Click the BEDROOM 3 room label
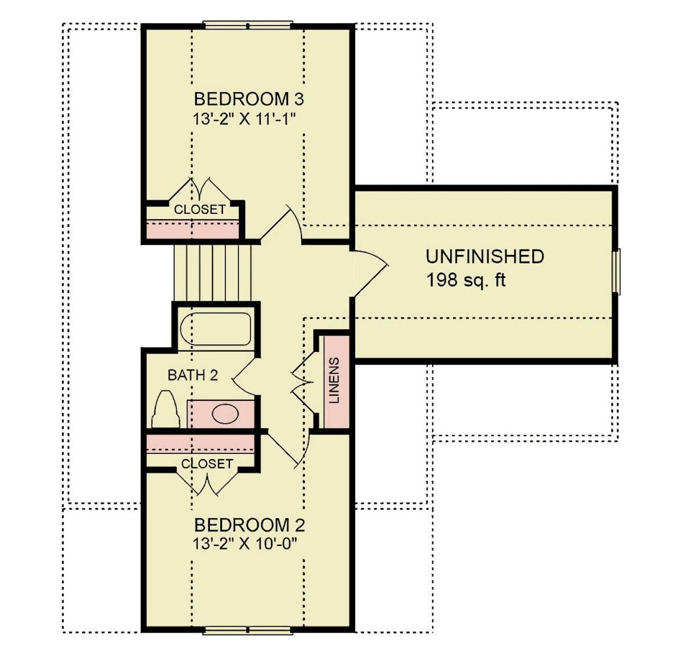(x=249, y=99)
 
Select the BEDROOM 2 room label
(x=249, y=525)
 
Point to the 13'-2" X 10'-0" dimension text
(x=245, y=544)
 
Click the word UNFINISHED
(x=485, y=257)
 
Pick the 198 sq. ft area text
(x=466, y=280)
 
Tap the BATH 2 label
(x=193, y=375)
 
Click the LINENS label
(x=335, y=380)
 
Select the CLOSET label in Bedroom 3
(x=199, y=209)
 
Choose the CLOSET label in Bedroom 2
(x=207, y=464)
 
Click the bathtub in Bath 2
(x=216, y=329)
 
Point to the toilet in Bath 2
(x=166, y=410)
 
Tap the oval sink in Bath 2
(x=225, y=414)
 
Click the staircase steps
(x=213, y=273)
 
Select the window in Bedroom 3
(x=248, y=25)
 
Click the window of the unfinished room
(x=616, y=272)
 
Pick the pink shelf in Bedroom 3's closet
(x=192, y=229)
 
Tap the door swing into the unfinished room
(x=371, y=274)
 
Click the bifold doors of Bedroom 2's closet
(x=207, y=482)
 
